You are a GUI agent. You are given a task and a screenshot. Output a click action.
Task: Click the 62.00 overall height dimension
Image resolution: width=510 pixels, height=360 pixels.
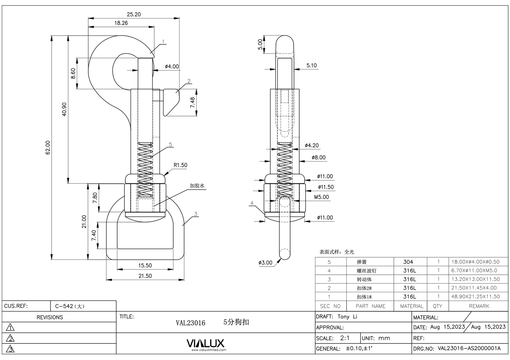[x=48, y=147]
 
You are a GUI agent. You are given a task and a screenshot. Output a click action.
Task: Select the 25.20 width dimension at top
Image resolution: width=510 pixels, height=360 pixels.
[x=133, y=14]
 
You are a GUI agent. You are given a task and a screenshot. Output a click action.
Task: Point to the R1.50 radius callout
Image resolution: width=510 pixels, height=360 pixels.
[x=180, y=165]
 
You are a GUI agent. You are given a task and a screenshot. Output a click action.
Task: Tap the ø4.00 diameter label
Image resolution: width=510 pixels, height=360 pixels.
[x=172, y=66]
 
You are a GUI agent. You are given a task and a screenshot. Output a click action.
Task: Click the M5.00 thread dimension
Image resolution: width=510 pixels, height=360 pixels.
[x=322, y=197]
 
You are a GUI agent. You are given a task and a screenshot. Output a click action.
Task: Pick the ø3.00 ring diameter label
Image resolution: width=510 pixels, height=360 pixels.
[x=265, y=263]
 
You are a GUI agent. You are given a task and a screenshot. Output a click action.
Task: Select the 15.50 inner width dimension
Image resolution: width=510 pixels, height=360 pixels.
[x=145, y=266]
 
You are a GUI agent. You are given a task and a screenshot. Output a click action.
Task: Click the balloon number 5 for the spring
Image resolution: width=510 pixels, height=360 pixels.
[x=170, y=145]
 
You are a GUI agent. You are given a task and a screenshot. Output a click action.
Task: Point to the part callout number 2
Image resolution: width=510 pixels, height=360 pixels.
[x=189, y=81]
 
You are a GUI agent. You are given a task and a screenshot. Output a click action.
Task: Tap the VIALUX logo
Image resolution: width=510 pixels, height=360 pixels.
[x=205, y=343]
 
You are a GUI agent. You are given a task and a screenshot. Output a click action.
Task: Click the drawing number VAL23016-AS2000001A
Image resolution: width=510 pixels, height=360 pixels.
[x=469, y=348]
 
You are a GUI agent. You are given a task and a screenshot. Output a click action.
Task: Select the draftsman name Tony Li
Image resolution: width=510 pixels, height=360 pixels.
[x=347, y=317]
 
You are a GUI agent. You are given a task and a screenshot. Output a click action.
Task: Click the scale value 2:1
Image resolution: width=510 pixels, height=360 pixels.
[x=345, y=338]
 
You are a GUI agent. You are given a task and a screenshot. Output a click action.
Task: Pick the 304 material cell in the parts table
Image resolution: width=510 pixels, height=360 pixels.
[x=408, y=262]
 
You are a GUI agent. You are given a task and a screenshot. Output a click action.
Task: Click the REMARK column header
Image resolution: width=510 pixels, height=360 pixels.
[x=479, y=306]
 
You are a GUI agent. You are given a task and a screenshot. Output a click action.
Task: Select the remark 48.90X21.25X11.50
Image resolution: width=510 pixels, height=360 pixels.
[x=475, y=297]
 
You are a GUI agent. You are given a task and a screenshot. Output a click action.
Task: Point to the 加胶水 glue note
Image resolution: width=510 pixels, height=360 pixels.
[x=197, y=185]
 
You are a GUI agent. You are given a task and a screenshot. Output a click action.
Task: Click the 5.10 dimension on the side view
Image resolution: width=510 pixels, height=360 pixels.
[x=311, y=66]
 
